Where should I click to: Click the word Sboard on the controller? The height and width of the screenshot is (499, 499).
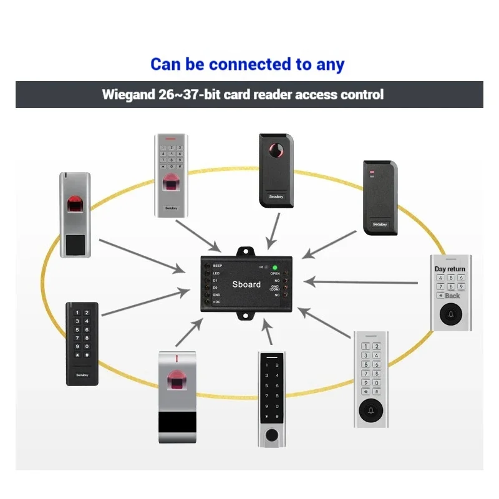pyautogui.click(x=246, y=284)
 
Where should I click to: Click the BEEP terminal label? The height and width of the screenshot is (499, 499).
pyautogui.click(x=218, y=266)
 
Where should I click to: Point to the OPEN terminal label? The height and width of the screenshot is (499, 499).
pyautogui.click(x=274, y=273)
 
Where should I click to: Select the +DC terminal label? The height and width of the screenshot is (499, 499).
pyautogui.click(x=216, y=302)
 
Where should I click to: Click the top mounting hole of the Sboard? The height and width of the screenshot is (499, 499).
pyautogui.click(x=247, y=251)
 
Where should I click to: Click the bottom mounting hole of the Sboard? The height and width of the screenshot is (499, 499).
pyautogui.click(x=247, y=317)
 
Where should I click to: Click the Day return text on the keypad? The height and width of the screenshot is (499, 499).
pyautogui.click(x=450, y=269)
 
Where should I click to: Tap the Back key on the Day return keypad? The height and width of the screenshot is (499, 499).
pyautogui.click(x=450, y=296)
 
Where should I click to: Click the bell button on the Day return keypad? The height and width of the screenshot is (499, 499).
pyautogui.click(x=450, y=316)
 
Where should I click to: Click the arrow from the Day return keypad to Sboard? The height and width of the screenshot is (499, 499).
pyautogui.click(x=362, y=282)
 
